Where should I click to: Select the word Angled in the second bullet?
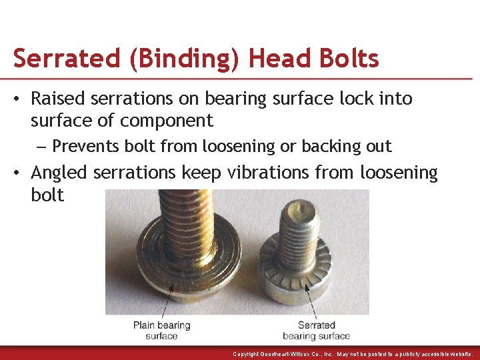[59, 173]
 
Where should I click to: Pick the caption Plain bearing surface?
[161, 330]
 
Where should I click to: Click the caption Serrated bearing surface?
[317, 330]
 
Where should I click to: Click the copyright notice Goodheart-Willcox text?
[353, 354]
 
